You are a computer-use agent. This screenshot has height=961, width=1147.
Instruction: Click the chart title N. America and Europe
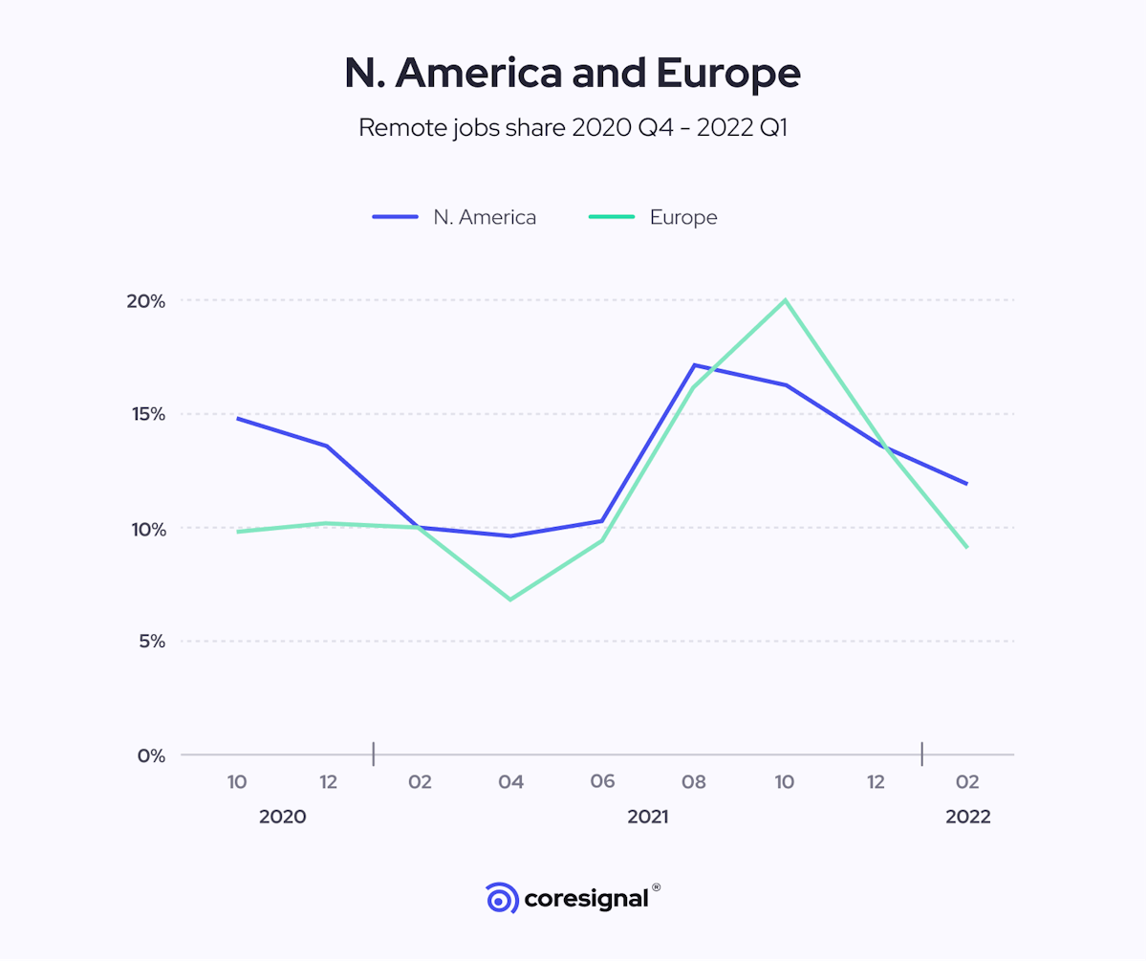click(x=573, y=75)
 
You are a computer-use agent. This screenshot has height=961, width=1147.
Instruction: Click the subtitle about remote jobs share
click(x=573, y=128)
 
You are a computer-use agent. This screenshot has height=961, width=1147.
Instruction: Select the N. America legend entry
click(x=455, y=217)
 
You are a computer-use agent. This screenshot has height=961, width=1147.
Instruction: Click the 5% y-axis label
click(x=151, y=642)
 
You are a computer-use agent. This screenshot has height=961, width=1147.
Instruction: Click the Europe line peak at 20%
click(x=786, y=300)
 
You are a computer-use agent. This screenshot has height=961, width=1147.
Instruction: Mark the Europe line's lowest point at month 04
click(x=510, y=600)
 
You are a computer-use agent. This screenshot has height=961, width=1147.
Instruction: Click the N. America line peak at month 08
click(x=694, y=365)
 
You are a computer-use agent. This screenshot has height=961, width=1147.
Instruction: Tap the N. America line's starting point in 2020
click(x=237, y=418)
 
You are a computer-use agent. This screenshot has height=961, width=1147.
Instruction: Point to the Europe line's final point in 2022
click(x=967, y=547)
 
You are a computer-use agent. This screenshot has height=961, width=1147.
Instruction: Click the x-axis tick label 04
click(x=510, y=782)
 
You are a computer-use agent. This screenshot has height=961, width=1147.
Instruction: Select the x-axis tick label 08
click(x=694, y=782)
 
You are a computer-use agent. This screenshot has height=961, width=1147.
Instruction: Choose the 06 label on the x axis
click(x=602, y=782)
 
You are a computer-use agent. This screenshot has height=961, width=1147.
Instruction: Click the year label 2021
click(x=648, y=818)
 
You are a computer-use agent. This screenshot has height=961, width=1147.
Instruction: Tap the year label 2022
click(x=967, y=818)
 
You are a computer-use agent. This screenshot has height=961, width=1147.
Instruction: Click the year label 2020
click(x=283, y=818)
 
